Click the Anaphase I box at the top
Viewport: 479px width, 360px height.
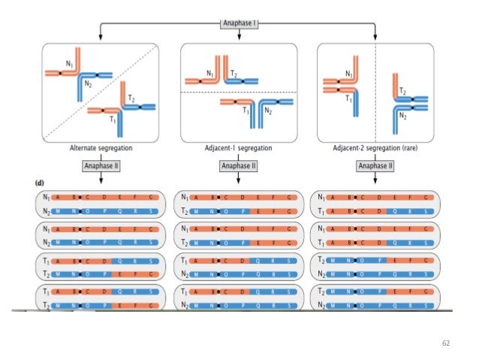tap(239, 23)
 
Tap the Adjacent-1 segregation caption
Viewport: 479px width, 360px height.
tap(238, 148)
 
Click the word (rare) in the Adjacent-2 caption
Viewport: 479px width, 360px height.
tap(406, 148)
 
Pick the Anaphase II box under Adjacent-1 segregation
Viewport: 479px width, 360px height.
tap(238, 165)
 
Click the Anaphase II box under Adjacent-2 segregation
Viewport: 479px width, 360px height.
tap(375, 165)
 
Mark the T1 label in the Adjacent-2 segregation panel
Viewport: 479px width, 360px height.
tap(348, 98)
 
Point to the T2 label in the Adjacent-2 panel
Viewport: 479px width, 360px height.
tap(402, 91)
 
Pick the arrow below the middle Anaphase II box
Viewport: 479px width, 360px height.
tap(238, 179)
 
